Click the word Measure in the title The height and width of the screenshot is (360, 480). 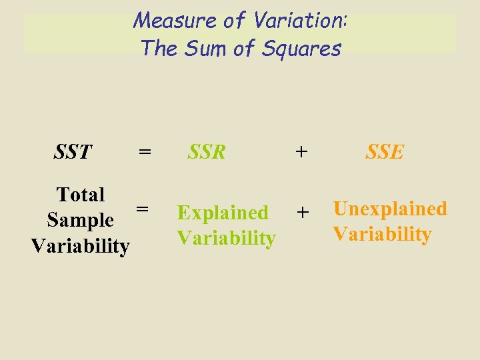[165, 21]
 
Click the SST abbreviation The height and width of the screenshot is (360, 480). [73, 152]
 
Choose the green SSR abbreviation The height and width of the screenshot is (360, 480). [207, 152]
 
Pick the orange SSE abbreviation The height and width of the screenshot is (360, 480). [385, 152]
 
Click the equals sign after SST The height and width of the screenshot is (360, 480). [144, 152]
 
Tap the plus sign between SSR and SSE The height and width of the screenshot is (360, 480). [302, 152]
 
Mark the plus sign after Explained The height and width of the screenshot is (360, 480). [303, 213]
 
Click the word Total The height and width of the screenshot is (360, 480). [81, 195]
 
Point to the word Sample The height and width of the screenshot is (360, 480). [80, 220]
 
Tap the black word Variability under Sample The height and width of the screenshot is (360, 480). [80, 245]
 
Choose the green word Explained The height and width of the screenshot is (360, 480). [223, 213]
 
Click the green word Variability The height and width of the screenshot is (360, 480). [226, 238]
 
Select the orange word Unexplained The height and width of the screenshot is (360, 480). [390, 209]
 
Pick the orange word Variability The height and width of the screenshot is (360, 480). [382, 234]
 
